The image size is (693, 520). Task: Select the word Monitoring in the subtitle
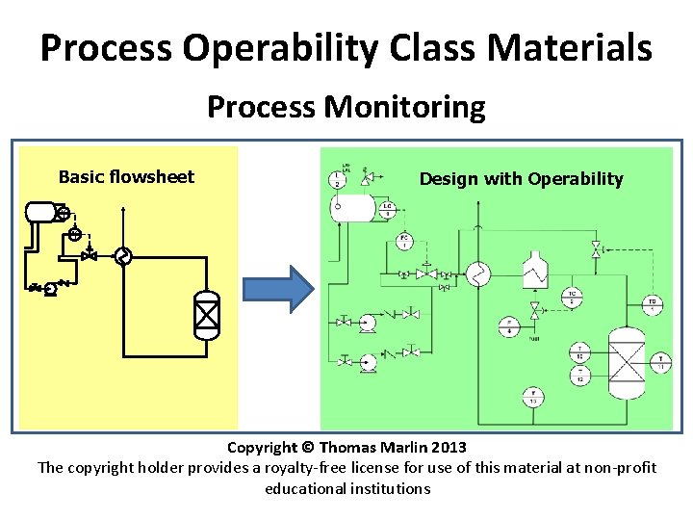pyautogui.click(x=404, y=106)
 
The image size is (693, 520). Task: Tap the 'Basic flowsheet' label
pyautogui.click(x=126, y=176)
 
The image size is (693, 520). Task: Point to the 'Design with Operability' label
pyautogui.click(x=521, y=178)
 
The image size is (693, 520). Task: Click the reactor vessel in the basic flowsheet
pyautogui.click(x=207, y=315)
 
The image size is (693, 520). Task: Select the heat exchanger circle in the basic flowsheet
pyautogui.click(x=122, y=256)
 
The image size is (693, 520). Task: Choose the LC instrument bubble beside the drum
pyautogui.click(x=387, y=209)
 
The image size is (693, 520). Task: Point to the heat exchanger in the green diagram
pyautogui.click(x=478, y=275)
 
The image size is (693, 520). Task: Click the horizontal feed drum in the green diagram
pyautogui.click(x=355, y=205)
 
